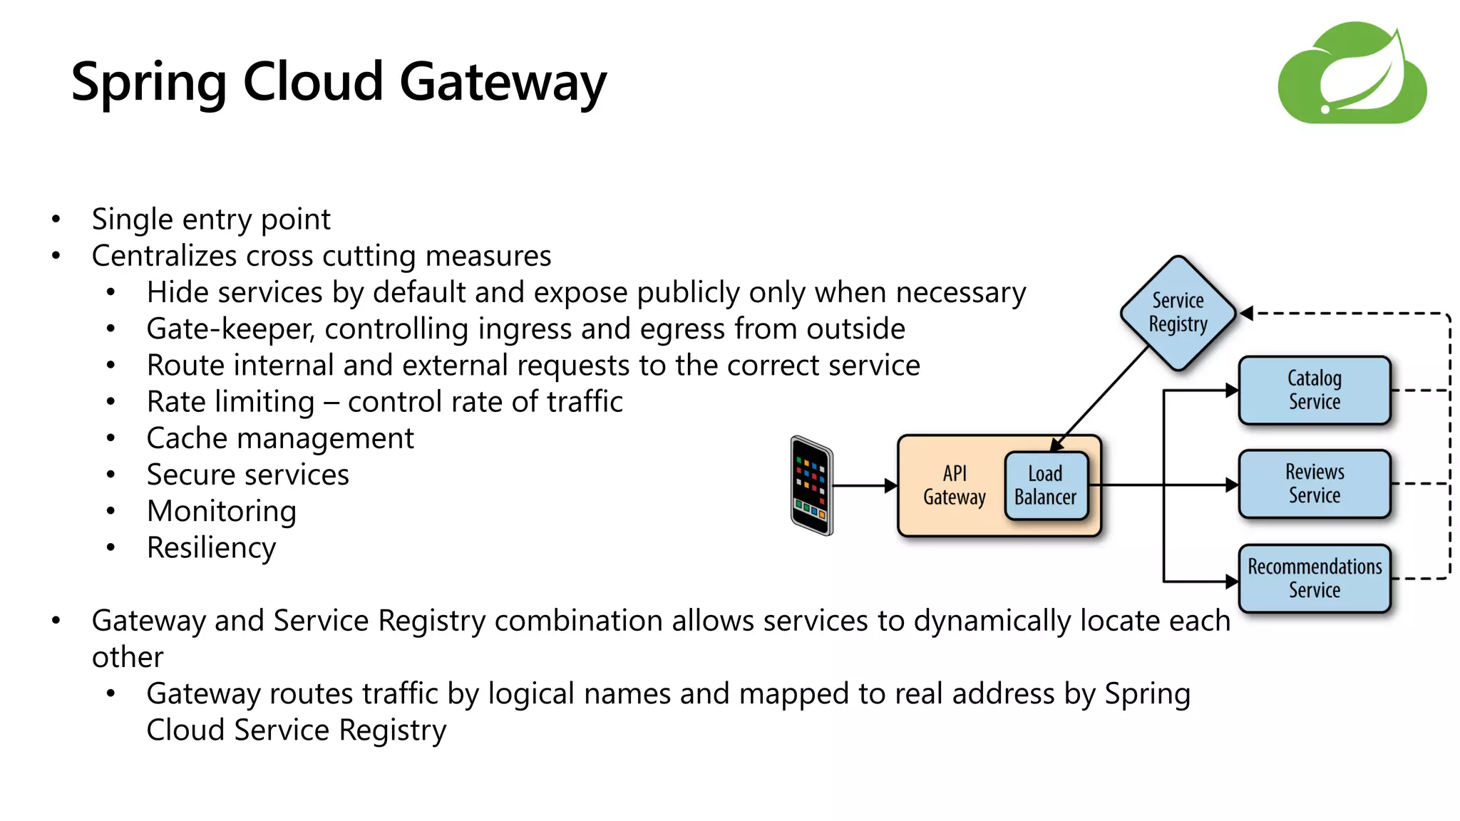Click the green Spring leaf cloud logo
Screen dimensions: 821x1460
[1352, 73]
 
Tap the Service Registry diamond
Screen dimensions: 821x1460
[1178, 313]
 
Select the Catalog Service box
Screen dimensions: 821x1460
[1314, 390]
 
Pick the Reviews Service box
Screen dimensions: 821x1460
[1314, 483]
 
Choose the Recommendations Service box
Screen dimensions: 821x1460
[1314, 578]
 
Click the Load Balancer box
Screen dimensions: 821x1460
[1045, 485]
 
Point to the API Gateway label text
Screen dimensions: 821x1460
[954, 485]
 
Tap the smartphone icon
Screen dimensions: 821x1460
[811, 485]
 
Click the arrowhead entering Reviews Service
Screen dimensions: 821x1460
[1231, 485]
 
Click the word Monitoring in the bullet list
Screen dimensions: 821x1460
[221, 512]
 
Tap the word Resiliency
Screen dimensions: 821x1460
[211, 548]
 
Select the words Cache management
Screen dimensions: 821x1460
[279, 438]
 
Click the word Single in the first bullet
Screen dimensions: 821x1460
[133, 220]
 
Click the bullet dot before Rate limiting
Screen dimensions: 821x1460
[110, 402]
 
